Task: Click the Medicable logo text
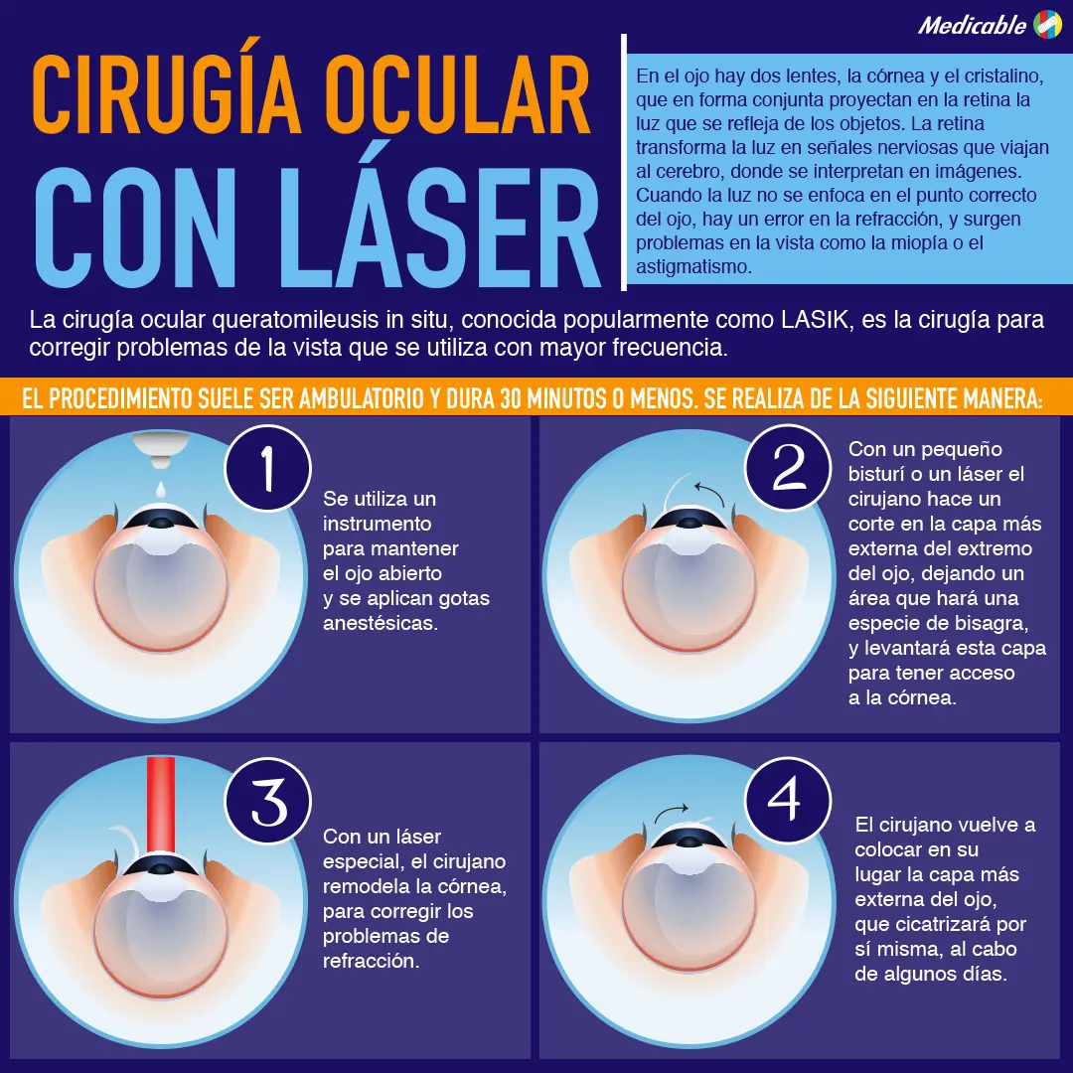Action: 971,25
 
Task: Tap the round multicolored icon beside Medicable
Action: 1047,24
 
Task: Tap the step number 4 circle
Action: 785,801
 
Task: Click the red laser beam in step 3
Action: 160,805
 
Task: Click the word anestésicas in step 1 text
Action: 381,623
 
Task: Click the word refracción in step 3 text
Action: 371,961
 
